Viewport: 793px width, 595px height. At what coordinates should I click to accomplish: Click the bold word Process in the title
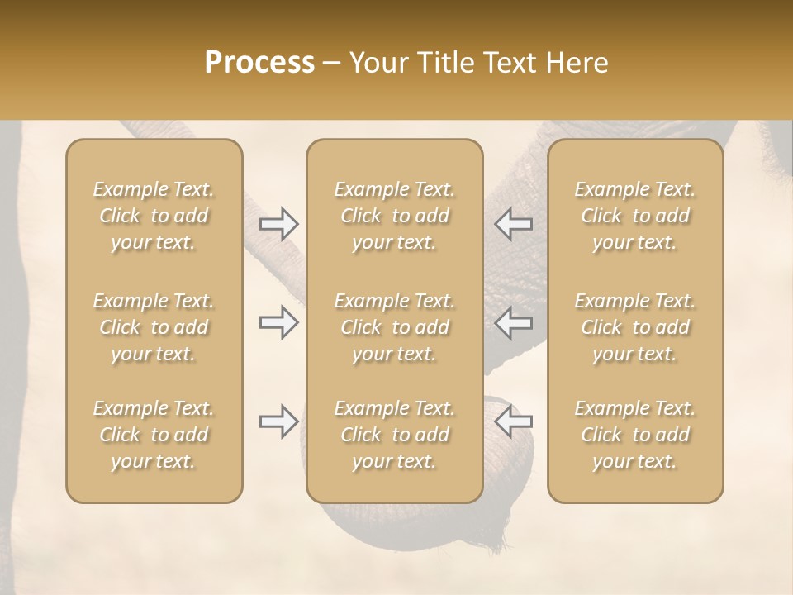coord(259,63)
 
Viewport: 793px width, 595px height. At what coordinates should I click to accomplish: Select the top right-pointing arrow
coord(278,224)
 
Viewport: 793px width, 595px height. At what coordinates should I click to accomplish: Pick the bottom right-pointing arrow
coord(278,421)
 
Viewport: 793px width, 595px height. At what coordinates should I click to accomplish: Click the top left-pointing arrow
coord(513,224)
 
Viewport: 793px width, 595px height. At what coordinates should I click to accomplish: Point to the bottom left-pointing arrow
coord(513,421)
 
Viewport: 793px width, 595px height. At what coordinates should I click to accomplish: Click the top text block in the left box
coord(154,216)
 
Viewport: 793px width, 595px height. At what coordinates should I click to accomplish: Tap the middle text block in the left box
coord(154,327)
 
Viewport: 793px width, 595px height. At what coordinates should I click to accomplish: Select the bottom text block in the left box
coord(154,435)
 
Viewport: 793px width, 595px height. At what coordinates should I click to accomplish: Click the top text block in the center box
coord(394,216)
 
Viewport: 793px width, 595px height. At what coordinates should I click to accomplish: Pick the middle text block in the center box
coord(394,327)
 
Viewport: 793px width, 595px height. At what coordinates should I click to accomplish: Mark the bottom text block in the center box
coord(394,435)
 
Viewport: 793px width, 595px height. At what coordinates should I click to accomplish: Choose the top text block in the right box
coord(634,216)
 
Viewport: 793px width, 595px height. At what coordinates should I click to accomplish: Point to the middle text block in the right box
coord(634,327)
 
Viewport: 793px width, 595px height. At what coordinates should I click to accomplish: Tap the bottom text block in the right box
coord(634,435)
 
